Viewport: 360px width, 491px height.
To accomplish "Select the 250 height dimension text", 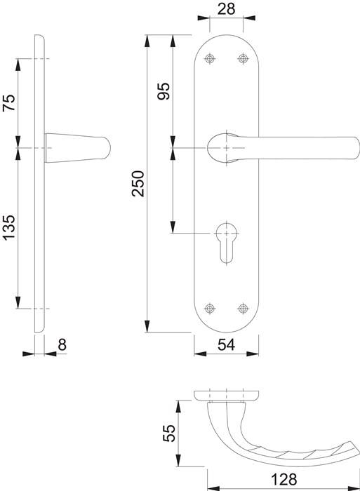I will (x=138, y=184).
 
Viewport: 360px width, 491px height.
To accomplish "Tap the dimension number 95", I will (x=163, y=92).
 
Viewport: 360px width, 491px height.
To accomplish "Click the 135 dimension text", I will (x=9, y=227).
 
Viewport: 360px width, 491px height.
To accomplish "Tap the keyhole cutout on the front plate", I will (x=226, y=240).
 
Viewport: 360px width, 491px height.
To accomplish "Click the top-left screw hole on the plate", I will (x=210, y=59).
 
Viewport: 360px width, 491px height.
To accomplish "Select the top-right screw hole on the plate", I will (x=243, y=59).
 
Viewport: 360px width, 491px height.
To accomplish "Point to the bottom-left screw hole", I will (x=210, y=309).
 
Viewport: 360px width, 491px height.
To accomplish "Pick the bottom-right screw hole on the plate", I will (x=243, y=309).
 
